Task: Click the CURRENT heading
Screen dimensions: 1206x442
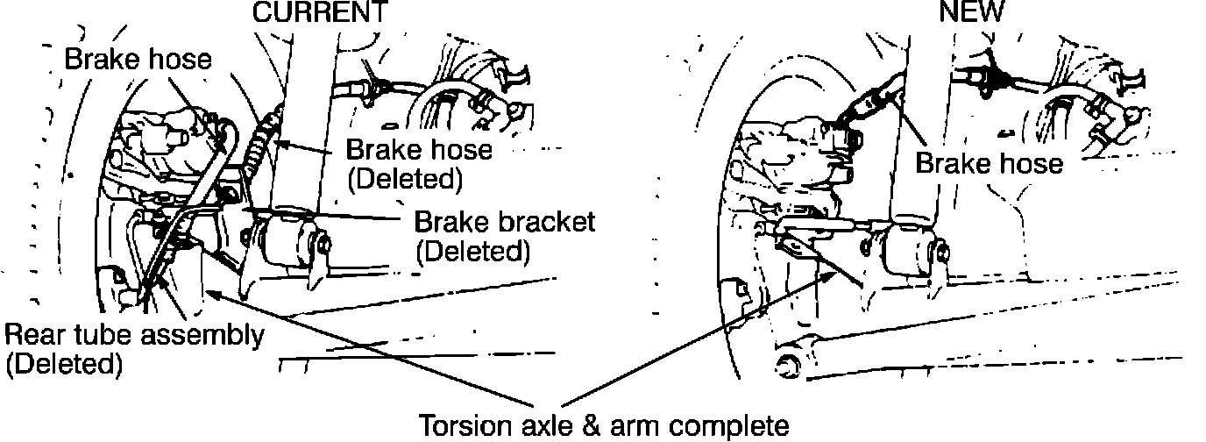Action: [x=319, y=11]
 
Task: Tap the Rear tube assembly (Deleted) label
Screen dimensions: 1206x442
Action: [x=133, y=349]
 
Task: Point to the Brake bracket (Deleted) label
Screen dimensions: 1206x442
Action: [x=504, y=235]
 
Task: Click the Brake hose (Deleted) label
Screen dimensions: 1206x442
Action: [x=419, y=163]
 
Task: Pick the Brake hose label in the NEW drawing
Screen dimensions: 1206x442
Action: [x=989, y=162]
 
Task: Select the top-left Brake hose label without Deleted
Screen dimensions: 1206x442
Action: [x=138, y=60]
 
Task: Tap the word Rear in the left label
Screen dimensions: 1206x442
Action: [x=32, y=335]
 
